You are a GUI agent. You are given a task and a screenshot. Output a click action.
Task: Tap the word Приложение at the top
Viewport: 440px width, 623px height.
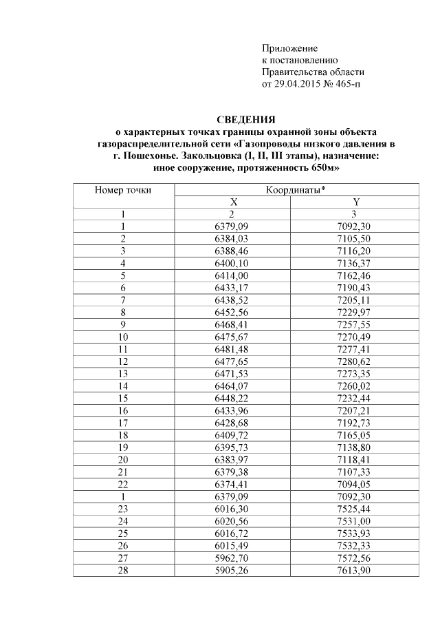[289, 49]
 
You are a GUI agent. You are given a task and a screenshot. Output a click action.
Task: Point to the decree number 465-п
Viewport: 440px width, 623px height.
[345, 84]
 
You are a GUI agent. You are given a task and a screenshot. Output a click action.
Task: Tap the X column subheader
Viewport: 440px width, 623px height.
[234, 202]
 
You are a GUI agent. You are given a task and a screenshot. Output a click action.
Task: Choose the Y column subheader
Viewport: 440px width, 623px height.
[355, 202]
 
